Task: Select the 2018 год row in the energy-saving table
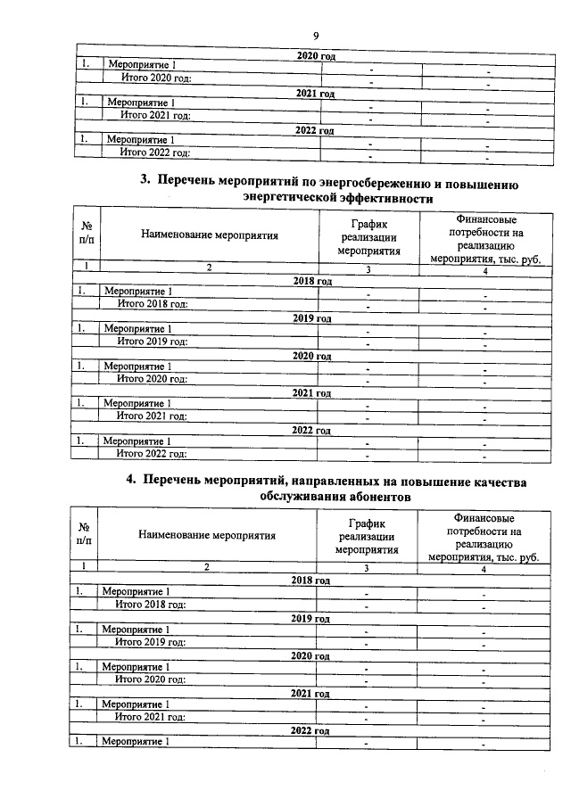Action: tap(312, 281)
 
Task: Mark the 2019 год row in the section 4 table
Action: tap(310, 617)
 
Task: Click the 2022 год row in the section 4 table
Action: tap(310, 729)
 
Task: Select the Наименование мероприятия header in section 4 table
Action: tap(207, 536)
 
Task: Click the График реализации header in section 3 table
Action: tap(368, 235)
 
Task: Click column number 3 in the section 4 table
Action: tap(367, 567)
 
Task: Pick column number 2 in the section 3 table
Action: tap(210, 268)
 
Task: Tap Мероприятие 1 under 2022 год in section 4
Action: tap(135, 742)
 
